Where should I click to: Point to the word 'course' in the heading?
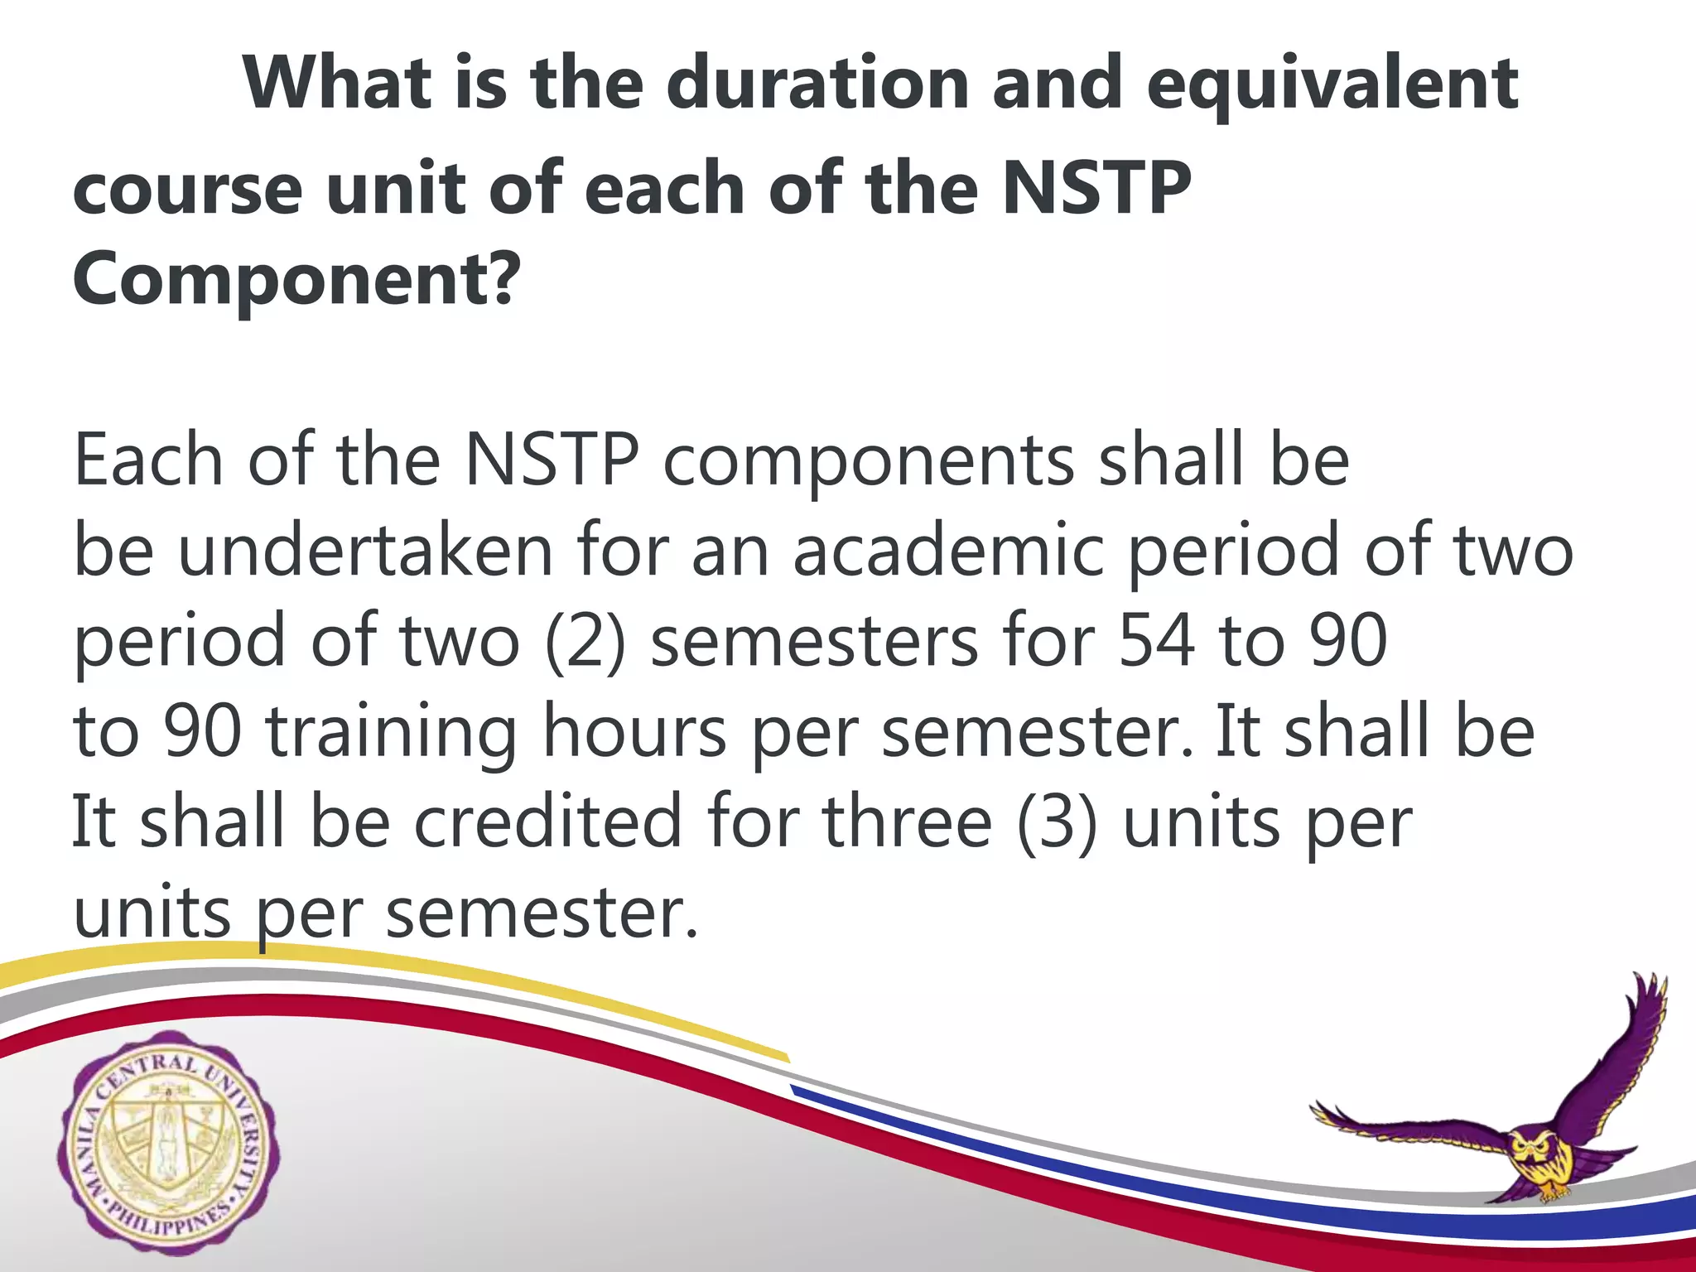pyautogui.click(x=188, y=189)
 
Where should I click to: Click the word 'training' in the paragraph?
pyautogui.click(x=391, y=732)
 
